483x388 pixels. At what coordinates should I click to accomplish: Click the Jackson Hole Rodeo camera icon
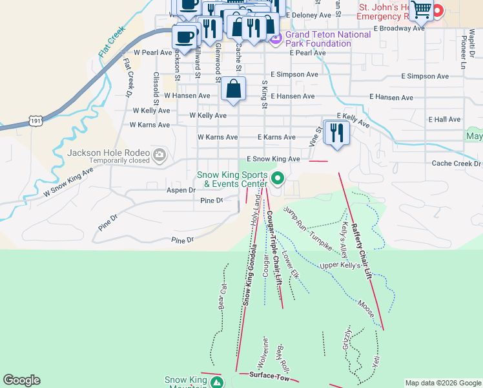click(159, 155)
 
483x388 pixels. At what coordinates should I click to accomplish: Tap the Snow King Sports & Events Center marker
click(278, 178)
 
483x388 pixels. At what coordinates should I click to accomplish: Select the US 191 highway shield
click(36, 121)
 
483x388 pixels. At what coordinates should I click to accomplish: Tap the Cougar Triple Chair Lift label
click(276, 255)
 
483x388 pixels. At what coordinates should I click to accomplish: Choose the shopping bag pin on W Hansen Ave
click(234, 89)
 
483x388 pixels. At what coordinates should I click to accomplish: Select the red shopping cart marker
click(421, 9)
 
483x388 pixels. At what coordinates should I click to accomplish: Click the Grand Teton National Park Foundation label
click(318, 39)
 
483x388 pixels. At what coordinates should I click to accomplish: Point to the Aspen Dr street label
click(181, 190)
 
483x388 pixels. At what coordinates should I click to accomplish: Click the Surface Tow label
click(264, 375)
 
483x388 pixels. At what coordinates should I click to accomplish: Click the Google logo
click(21, 380)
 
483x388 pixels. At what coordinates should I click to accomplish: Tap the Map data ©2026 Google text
click(443, 383)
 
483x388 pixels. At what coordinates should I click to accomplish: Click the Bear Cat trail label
click(221, 296)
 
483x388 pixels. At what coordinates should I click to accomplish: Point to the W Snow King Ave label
click(68, 183)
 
